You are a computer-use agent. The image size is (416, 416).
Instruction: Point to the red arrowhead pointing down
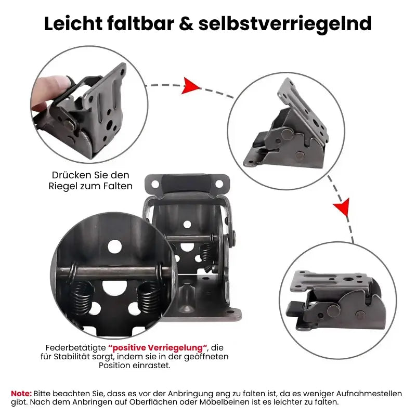pos(341,207)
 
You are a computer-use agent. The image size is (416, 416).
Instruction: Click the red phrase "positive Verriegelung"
pos(158,347)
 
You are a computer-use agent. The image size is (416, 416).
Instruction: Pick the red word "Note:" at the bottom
pos(21,393)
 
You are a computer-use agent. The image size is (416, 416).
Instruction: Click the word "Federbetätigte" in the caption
pos(75,347)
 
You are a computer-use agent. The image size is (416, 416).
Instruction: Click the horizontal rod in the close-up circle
pos(112,272)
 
